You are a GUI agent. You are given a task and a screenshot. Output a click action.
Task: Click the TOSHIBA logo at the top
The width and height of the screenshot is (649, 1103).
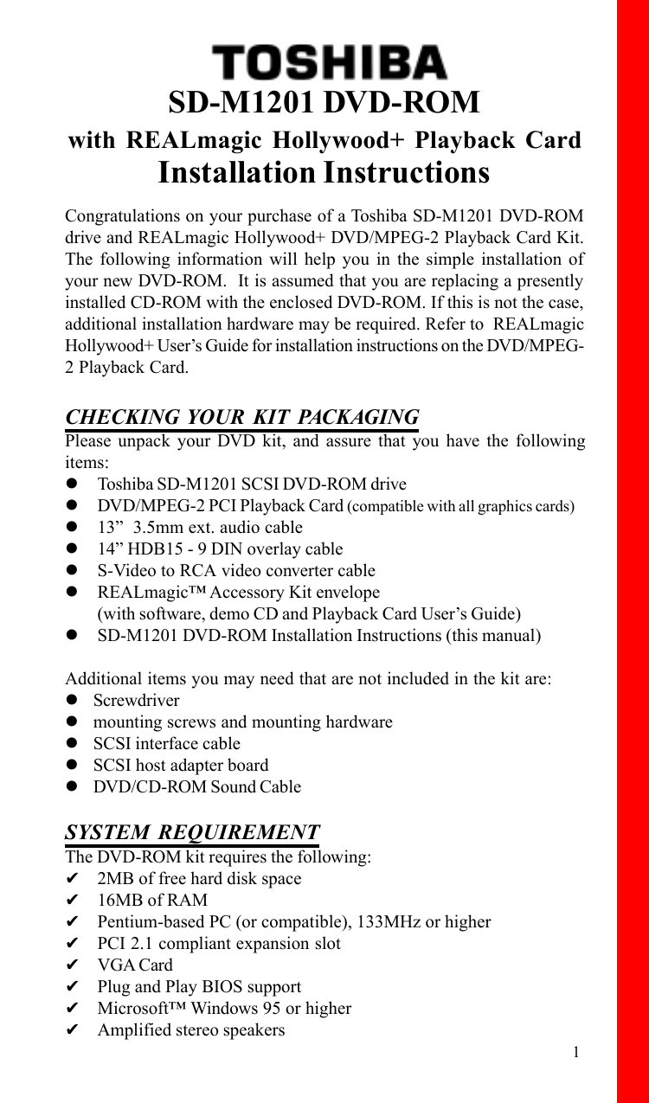[330, 62]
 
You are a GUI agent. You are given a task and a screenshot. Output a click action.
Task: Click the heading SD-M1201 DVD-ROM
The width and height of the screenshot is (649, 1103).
[324, 103]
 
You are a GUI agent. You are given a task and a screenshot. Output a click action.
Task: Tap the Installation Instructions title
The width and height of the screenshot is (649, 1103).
[324, 172]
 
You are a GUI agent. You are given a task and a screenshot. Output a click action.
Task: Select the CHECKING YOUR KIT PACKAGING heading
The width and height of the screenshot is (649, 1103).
[242, 417]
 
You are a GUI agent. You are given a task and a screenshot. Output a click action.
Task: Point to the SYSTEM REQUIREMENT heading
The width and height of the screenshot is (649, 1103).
[192, 832]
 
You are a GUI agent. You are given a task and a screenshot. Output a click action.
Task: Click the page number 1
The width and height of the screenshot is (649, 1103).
[575, 1052]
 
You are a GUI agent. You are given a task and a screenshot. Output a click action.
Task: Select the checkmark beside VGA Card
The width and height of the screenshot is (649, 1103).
[74, 965]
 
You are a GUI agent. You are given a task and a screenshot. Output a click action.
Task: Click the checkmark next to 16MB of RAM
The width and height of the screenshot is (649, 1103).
[74, 900]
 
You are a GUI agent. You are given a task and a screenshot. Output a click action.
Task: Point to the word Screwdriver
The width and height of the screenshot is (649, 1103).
[137, 700]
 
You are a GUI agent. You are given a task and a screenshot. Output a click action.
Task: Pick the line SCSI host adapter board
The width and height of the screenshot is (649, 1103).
[181, 765]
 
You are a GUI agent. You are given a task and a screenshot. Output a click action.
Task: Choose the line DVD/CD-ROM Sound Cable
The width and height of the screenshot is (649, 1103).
[197, 786]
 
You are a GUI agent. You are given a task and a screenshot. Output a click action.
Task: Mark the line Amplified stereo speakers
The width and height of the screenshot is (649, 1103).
[190, 1029]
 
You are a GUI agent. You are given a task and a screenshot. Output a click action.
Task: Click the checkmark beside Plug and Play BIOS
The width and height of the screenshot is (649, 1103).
[74, 986]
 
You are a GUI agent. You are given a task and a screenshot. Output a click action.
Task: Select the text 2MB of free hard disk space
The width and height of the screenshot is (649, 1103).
[199, 878]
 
